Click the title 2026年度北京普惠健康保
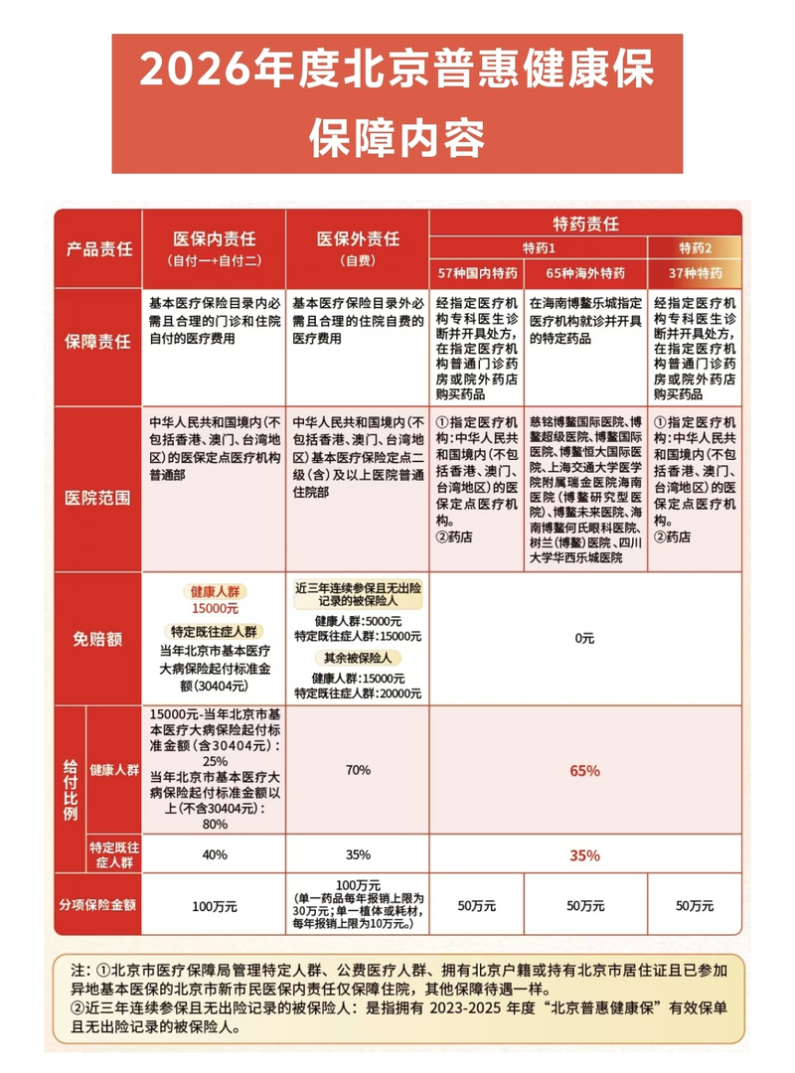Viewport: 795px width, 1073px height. pos(397,75)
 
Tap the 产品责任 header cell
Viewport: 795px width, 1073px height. pos(99,249)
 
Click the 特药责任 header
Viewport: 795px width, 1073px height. pos(585,223)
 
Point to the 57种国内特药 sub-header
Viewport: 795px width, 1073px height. pos(476,272)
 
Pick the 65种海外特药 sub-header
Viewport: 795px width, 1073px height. pos(585,272)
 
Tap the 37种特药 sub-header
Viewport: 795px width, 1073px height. pos(695,272)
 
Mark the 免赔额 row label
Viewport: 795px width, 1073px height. pos(99,639)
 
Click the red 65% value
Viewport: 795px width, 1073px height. pos(585,771)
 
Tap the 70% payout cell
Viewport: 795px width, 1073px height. pos(358,770)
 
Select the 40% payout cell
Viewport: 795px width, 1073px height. pos(215,854)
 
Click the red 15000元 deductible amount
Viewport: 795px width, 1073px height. pos(215,608)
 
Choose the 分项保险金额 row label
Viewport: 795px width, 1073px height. pos(99,905)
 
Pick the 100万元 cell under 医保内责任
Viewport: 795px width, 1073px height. pos(215,905)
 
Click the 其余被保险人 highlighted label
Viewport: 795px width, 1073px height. pos(358,659)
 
